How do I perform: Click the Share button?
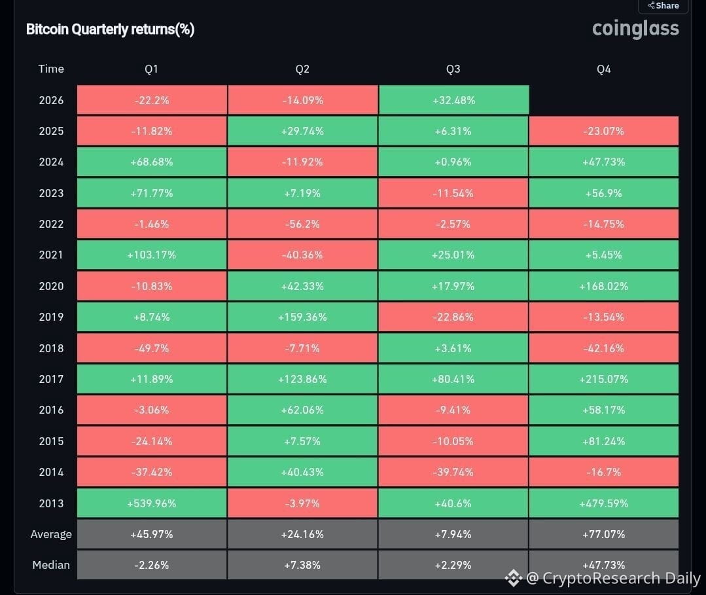663,6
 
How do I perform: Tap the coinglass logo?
635,29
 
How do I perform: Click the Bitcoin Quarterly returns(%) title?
111,29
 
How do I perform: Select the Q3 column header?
453,69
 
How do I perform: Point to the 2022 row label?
51,224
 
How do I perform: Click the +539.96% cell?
152,503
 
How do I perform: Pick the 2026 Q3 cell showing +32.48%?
454,100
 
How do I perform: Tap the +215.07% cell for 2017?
604,379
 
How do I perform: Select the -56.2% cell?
302,224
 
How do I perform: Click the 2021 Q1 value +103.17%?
152,255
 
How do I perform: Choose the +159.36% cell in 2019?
302,317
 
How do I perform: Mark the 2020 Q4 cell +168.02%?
604,286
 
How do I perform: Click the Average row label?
51,534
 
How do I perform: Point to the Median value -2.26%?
152,565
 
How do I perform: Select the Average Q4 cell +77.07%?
604,534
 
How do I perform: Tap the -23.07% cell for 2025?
604,131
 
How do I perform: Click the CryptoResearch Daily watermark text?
622,578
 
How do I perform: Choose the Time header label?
51,69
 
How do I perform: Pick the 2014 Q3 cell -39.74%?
453,472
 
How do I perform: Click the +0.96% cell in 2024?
453,162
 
